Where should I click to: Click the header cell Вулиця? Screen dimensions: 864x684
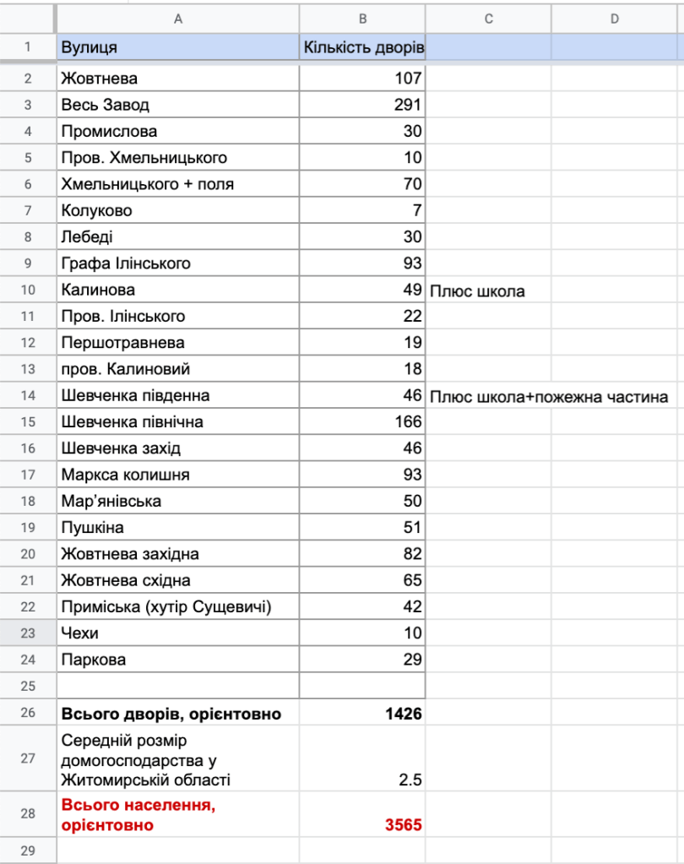tap(89, 47)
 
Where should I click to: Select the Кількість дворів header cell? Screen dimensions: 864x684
tap(363, 47)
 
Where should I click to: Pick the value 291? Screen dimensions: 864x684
tap(408, 106)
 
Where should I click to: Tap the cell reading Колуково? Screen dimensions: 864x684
tap(96, 210)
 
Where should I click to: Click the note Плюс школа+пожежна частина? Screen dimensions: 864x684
tap(549, 396)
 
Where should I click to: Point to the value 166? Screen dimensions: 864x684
tap(408, 421)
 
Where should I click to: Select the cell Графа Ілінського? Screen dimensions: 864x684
tap(126, 264)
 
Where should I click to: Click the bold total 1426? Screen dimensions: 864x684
tap(404, 714)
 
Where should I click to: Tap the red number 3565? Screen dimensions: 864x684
tap(404, 825)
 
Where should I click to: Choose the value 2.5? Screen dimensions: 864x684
tap(410, 780)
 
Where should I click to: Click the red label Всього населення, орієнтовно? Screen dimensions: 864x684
tap(138, 815)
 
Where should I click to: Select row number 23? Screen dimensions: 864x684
tap(28, 633)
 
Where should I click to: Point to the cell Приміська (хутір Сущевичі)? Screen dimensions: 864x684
tap(166, 606)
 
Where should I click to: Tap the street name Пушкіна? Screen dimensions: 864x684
tap(92, 528)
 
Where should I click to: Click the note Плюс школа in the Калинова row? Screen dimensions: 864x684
tap(477, 291)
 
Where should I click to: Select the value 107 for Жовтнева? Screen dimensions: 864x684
tap(408, 79)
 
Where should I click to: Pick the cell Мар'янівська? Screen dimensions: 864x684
tap(111, 501)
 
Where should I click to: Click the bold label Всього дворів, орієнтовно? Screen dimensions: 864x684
tap(171, 714)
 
